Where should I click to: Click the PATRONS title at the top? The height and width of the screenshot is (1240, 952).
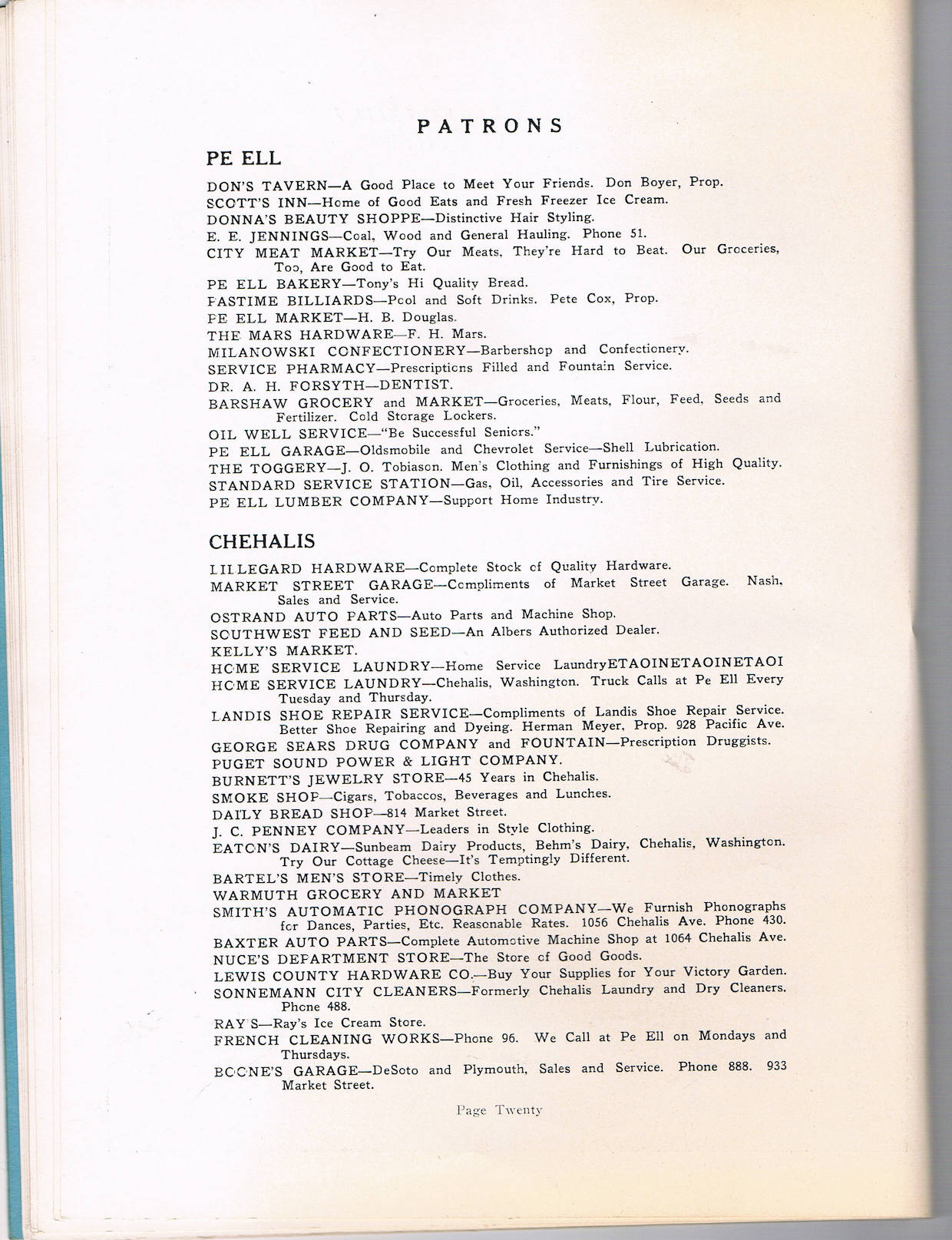pyautogui.click(x=490, y=127)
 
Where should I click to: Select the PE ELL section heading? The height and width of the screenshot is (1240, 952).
pyautogui.click(x=244, y=158)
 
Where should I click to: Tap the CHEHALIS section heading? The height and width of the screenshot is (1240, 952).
pyautogui.click(x=262, y=541)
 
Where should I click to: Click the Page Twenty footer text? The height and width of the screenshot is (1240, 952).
pyautogui.click(x=499, y=1109)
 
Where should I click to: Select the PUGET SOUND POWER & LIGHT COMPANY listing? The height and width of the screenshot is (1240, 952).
pyautogui.click(x=386, y=762)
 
